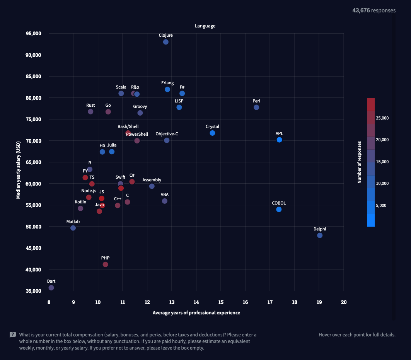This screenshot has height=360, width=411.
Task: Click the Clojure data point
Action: tap(165, 42)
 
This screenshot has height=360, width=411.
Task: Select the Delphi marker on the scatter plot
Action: tap(320, 235)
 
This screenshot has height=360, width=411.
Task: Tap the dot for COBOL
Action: tap(279, 209)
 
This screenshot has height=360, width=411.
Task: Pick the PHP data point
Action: tap(105, 264)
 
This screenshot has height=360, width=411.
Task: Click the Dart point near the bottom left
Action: tap(51, 288)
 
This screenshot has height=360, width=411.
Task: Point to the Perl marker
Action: tap(256, 107)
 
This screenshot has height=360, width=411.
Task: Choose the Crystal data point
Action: tap(212, 133)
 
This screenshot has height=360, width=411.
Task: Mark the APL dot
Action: tap(279, 140)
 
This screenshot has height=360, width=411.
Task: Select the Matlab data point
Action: tap(73, 228)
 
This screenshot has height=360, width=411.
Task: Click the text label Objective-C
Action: tap(167, 134)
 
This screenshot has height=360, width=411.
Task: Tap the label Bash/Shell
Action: tap(128, 126)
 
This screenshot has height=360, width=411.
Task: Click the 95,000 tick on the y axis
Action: tap(34, 34)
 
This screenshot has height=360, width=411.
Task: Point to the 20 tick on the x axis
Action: tap(343, 302)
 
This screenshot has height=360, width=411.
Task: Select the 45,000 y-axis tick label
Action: tap(34, 248)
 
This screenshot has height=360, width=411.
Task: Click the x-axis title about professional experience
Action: tap(196, 312)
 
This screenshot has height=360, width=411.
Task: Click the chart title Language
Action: tap(205, 26)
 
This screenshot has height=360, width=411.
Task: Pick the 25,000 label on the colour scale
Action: tap(382, 118)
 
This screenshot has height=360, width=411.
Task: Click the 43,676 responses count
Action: tap(374, 10)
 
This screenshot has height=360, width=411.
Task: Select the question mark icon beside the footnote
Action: tap(13, 335)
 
